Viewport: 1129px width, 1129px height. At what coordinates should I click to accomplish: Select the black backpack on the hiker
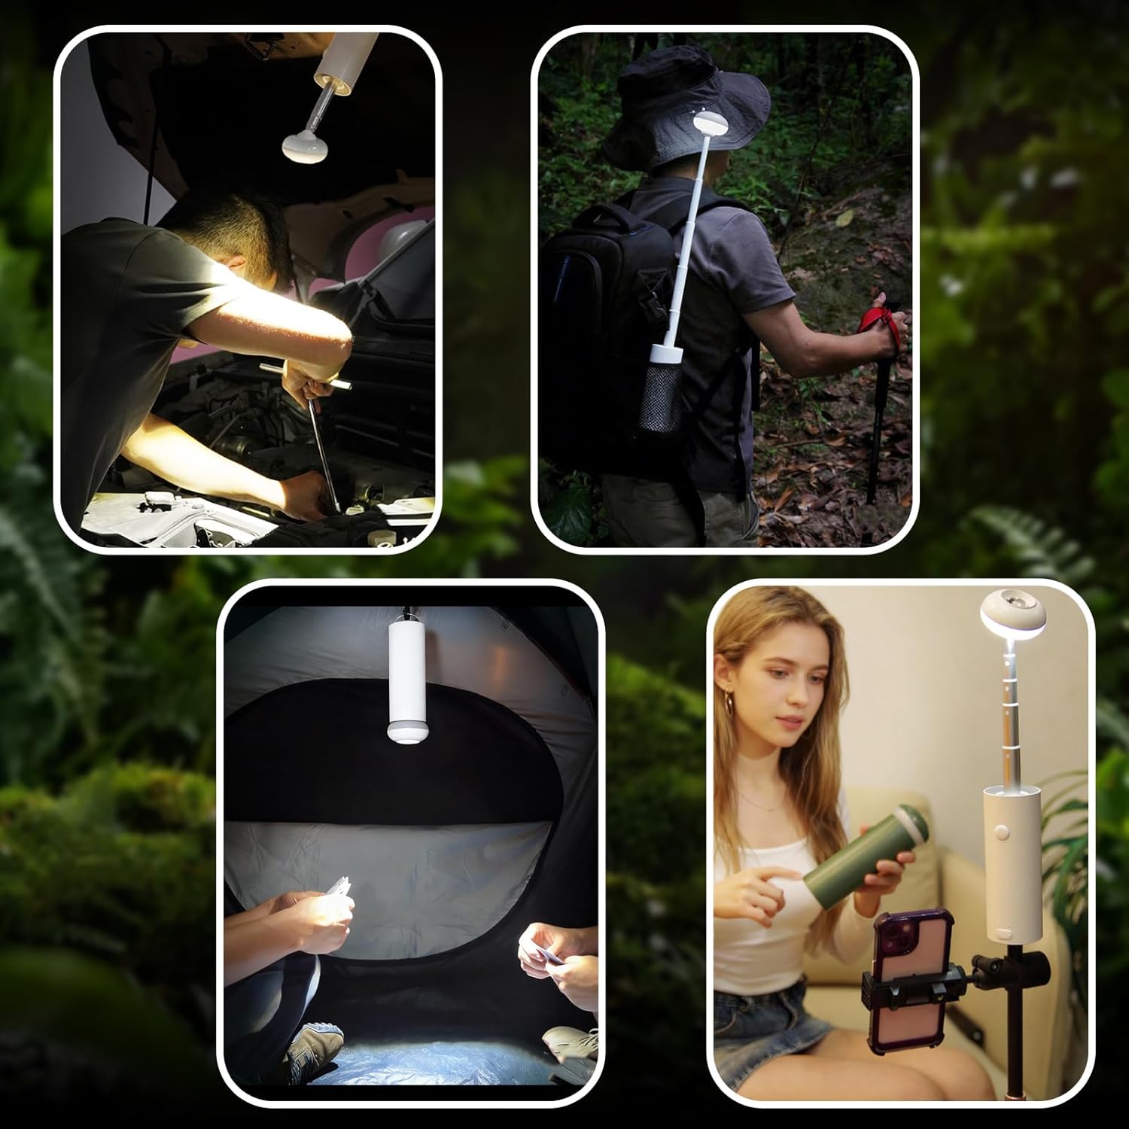click(x=602, y=316)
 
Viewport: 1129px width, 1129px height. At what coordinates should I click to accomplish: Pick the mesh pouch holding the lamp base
click(x=660, y=399)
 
